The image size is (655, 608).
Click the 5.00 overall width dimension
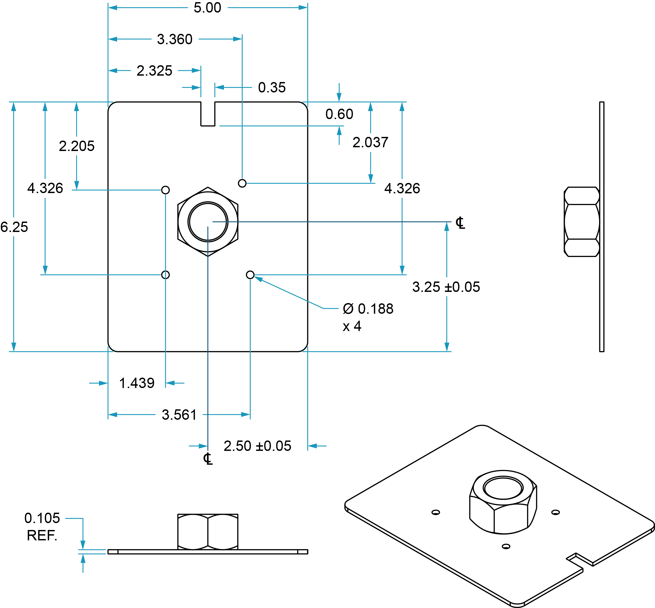(x=207, y=7)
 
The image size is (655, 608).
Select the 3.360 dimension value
(x=175, y=39)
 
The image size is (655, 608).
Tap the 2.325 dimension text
(x=154, y=71)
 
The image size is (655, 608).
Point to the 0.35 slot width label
(x=272, y=88)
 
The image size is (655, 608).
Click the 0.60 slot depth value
(x=339, y=114)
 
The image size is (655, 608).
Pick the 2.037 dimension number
(x=370, y=142)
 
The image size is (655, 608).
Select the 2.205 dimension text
(x=77, y=146)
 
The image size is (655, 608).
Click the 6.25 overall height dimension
(x=14, y=227)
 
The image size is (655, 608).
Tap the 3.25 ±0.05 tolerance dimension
(x=446, y=287)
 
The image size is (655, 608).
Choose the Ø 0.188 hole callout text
(x=368, y=309)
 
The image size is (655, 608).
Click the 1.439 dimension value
(x=137, y=383)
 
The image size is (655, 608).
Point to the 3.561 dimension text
(x=179, y=415)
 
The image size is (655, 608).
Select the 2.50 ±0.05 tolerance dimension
(x=257, y=446)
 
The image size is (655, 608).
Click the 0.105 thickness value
(x=42, y=518)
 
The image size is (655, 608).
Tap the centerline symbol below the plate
(x=208, y=459)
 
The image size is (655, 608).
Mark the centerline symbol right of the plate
(x=460, y=223)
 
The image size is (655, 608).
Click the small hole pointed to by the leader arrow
(x=250, y=275)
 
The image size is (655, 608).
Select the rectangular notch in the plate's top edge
(x=208, y=113)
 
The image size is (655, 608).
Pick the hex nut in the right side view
(x=581, y=222)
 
